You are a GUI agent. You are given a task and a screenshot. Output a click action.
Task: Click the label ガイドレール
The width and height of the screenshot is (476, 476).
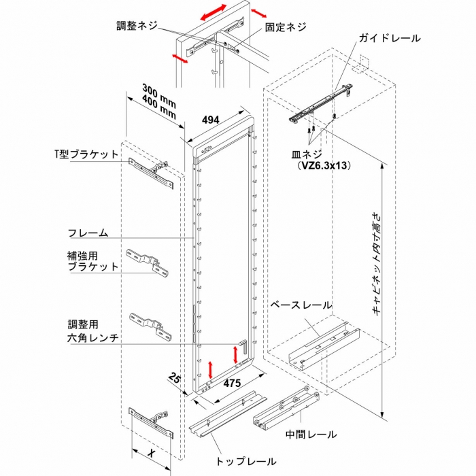(390, 39)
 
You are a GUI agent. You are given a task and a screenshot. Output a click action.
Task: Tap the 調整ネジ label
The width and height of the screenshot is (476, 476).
(137, 26)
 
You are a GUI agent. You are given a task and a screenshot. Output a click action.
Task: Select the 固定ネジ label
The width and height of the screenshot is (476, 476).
(286, 28)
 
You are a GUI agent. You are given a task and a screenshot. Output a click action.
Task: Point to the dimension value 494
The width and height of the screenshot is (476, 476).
(211, 120)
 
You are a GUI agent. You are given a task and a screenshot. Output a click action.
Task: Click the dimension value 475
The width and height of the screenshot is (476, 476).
(233, 384)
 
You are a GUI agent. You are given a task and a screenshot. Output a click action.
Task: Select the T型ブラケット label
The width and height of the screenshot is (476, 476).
(86, 154)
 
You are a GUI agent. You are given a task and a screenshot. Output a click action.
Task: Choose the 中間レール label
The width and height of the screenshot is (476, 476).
(311, 433)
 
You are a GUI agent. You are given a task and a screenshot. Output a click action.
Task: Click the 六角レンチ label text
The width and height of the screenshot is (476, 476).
(93, 337)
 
